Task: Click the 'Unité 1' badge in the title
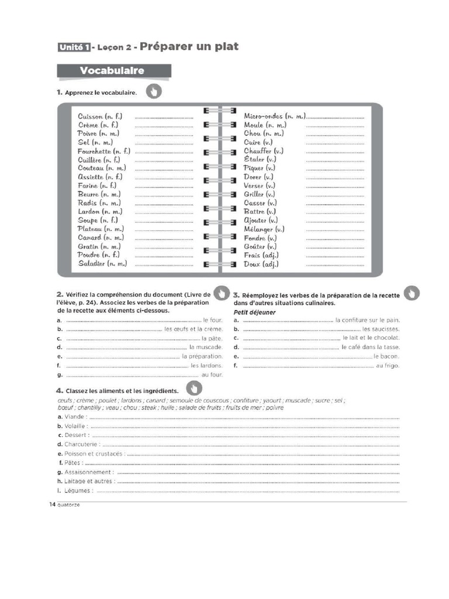tap(74, 48)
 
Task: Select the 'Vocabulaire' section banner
tap(114, 71)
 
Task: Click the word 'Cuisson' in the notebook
tap(91, 116)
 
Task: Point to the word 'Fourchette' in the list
tap(95, 151)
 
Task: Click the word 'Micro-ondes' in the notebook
tap(264, 116)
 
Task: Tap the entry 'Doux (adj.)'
tap(261, 264)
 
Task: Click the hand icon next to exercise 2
tap(220, 293)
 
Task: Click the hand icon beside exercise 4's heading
tap(194, 388)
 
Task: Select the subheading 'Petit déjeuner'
tap(254, 312)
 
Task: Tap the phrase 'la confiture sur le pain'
tap(367, 321)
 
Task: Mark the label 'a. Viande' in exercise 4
tap(72, 416)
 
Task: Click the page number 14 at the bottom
tap(52, 504)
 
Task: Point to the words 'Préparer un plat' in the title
tap(189, 47)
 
